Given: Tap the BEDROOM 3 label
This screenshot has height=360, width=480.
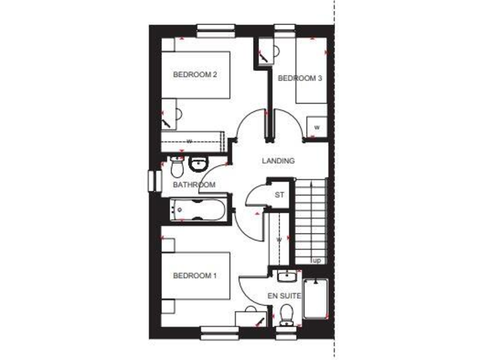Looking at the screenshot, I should tap(299, 78).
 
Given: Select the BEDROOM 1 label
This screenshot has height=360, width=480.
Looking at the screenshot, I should tap(194, 275).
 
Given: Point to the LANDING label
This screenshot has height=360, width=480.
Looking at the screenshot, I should tap(278, 161).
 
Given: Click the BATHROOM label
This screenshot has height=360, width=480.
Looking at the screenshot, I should tap(194, 185).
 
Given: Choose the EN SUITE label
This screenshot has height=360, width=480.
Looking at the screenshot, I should tap(285, 295).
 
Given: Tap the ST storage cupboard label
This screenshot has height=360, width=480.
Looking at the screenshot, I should tap(279, 195).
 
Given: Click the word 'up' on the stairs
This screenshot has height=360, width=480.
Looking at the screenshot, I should tap(317, 260).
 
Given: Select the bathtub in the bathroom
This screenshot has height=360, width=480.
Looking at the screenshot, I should tap(197, 209).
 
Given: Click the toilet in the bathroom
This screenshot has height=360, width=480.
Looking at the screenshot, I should tap(176, 167).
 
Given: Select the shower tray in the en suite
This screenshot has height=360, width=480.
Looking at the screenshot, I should tap(315, 300).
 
